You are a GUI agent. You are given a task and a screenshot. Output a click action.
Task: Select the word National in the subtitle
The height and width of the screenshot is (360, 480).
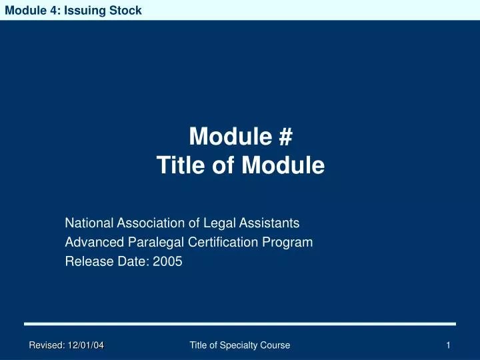[89, 223]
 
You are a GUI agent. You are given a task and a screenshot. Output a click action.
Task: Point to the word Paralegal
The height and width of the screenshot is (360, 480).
[147, 242]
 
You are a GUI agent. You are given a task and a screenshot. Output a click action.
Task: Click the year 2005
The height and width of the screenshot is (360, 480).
[167, 262]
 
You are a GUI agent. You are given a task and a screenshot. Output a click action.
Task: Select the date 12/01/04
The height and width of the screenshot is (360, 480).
[85, 345]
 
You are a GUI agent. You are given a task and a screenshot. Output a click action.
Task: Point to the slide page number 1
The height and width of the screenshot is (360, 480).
[449, 345]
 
